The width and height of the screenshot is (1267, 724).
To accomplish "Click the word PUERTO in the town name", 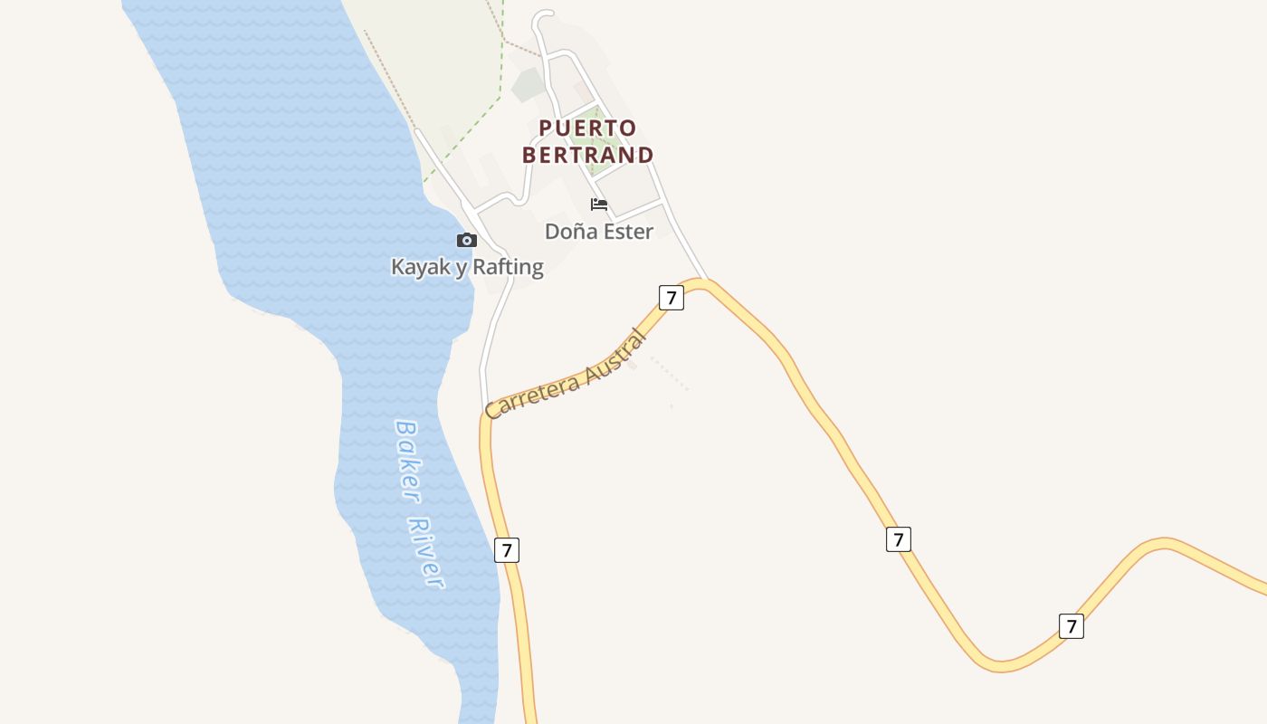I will click(588, 128).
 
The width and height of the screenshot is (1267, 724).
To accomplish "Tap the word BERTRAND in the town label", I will click(588, 155).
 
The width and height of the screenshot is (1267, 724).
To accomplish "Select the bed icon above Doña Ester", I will click(598, 205).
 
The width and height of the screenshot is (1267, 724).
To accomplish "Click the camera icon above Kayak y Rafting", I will click(467, 240).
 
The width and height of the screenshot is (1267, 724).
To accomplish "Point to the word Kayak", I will click(420, 267).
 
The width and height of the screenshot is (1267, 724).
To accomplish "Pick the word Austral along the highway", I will click(617, 356).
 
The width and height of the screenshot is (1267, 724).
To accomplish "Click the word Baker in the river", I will click(407, 462).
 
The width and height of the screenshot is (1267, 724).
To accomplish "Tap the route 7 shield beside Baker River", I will click(507, 549).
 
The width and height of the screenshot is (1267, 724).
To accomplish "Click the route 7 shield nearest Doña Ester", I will click(671, 297).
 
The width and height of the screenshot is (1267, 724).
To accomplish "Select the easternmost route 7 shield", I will click(1072, 625).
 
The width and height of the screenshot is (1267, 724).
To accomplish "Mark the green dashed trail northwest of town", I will click(471, 136).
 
